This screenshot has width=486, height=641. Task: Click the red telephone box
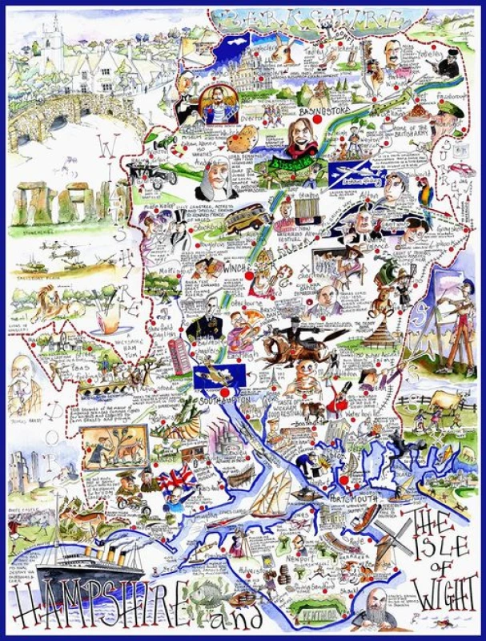[179, 357]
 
